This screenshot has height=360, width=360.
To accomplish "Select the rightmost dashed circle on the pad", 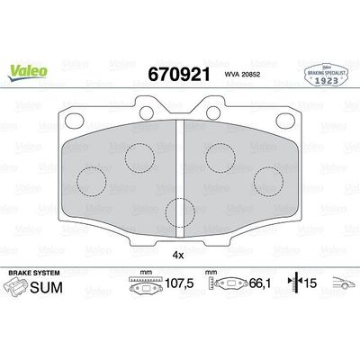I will pyautogui.click(x=267, y=180).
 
